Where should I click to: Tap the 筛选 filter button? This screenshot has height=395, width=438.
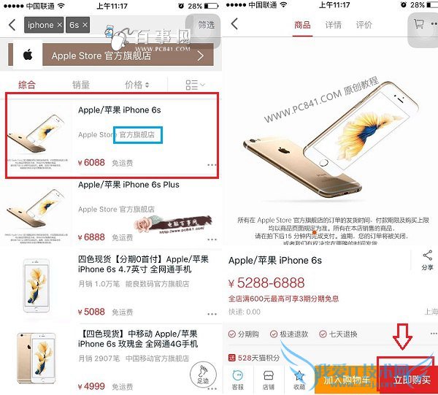[207, 25]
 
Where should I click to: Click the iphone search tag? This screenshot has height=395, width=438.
[41, 25]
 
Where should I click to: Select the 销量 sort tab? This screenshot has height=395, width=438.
[81, 85]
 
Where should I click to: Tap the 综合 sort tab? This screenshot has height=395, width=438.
[27, 85]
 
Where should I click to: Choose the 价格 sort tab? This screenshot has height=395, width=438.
[137, 85]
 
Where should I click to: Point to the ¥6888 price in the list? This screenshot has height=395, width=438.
[91, 237]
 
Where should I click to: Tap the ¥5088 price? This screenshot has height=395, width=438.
[91, 312]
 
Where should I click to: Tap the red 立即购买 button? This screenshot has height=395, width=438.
[412, 380]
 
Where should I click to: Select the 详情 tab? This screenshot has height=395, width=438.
[333, 25]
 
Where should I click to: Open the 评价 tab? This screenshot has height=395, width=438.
[364, 25]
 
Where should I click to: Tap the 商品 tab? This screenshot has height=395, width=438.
[302, 25]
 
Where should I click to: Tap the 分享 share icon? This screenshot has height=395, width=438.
[427, 258]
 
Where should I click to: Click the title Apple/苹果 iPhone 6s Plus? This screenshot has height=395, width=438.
[128, 185]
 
